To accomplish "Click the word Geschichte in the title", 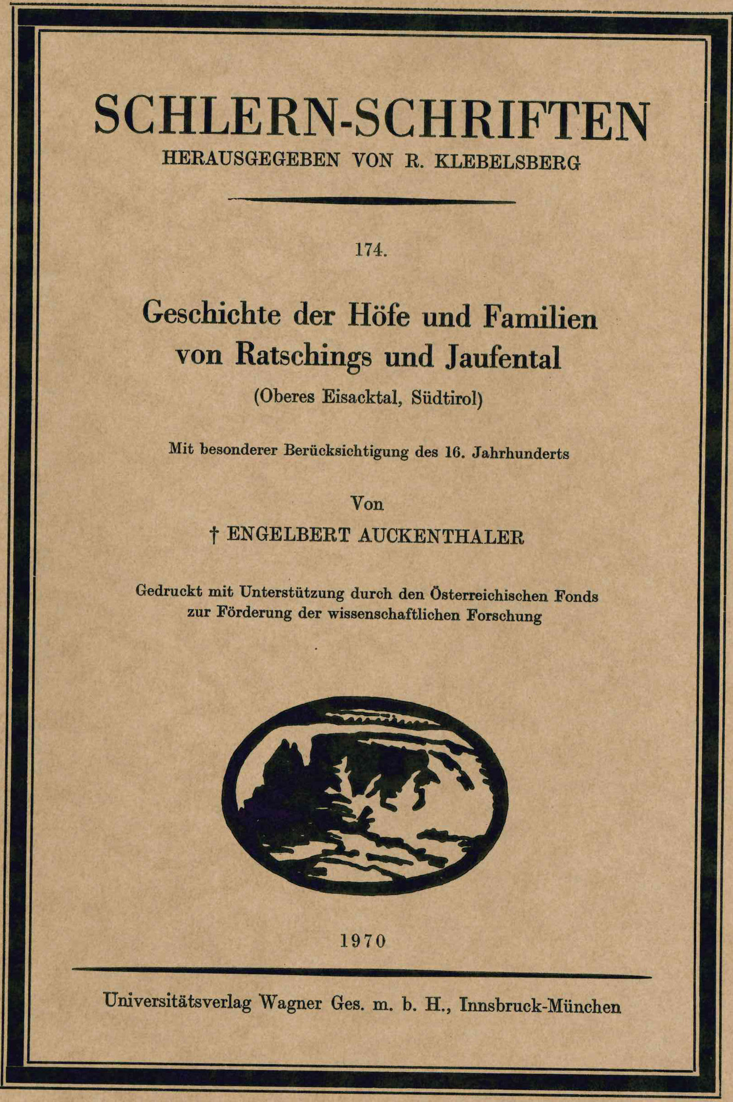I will pos(212,314).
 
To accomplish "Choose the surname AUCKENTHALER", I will pos(441,537).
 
